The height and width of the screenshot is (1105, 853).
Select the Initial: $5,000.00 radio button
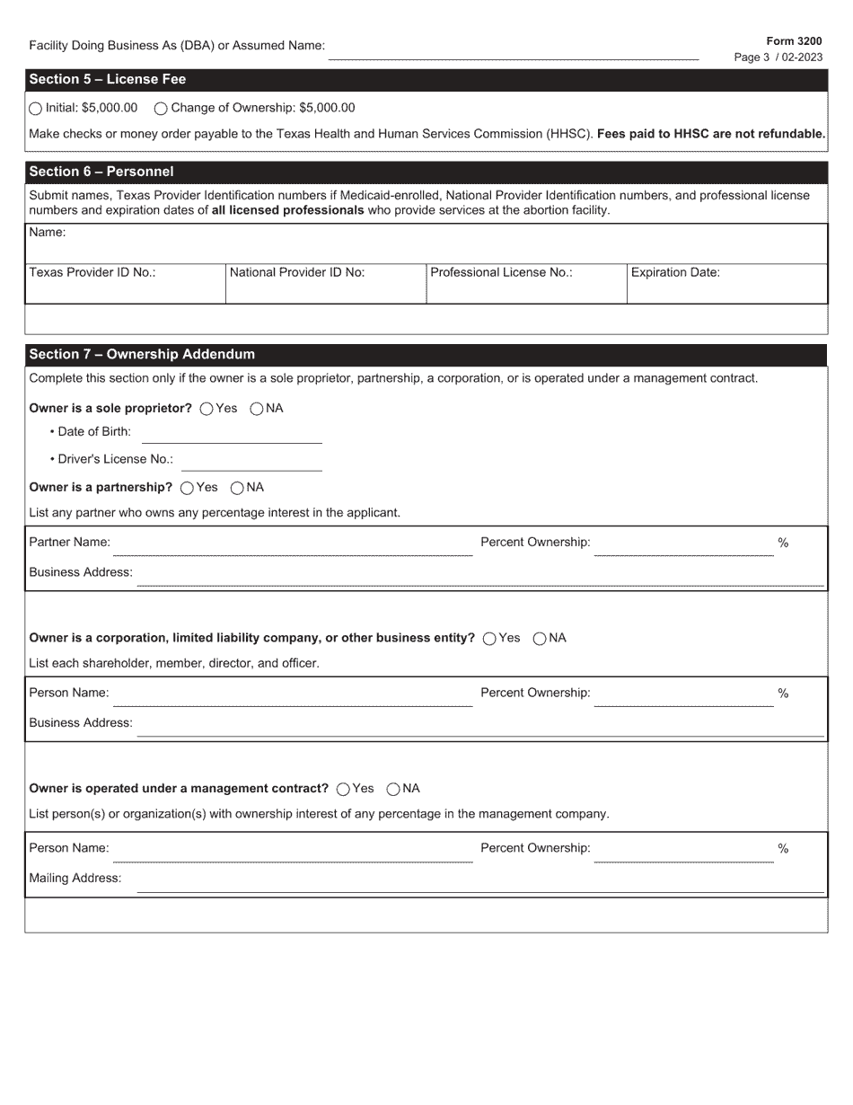[x=35, y=109]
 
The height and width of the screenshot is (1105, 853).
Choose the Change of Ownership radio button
[x=161, y=109]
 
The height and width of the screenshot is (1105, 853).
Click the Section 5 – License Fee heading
[x=108, y=79]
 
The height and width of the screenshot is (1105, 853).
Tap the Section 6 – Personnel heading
[x=101, y=172]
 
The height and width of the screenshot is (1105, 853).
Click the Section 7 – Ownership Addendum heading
[x=142, y=354]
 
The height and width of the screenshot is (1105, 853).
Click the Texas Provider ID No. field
[x=125, y=290]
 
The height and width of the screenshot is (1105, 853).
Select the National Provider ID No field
[x=325, y=290]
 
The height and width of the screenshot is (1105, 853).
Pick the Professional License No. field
[x=525, y=290]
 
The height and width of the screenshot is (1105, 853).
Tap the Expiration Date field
[x=726, y=290]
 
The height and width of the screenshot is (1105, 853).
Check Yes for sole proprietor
[x=207, y=409]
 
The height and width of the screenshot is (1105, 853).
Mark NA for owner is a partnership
[x=237, y=488]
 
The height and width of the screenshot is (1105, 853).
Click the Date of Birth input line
[x=232, y=434]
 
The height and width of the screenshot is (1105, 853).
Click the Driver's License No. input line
[x=251, y=462]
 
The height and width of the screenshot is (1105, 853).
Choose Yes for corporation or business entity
[x=489, y=639]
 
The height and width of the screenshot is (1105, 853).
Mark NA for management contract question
[x=393, y=790]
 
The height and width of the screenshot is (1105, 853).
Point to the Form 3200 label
[x=794, y=41]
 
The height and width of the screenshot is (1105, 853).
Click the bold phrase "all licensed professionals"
[x=287, y=210]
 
